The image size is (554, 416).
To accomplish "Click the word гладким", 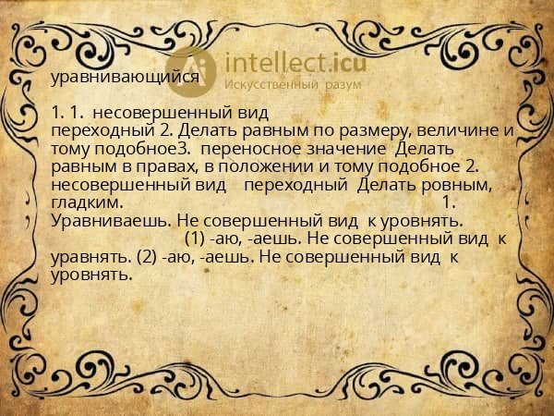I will point(84,202).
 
